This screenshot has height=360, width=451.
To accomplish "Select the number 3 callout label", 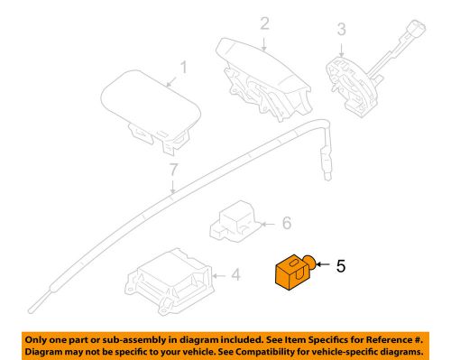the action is coord(341,30).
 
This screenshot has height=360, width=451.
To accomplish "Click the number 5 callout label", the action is coord(342,267).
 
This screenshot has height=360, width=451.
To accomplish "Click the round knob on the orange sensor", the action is coord(309,263).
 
